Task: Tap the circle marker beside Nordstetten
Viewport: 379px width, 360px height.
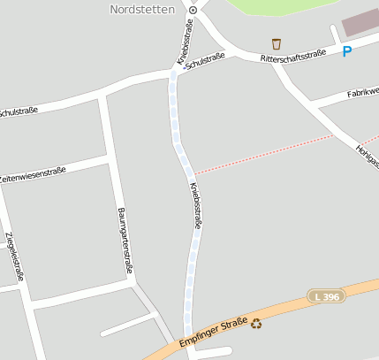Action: pyautogui.click(x=193, y=10)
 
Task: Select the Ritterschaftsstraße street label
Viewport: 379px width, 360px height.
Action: pyautogui.click(x=293, y=56)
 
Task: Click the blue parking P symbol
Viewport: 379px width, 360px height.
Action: pyautogui.click(x=347, y=52)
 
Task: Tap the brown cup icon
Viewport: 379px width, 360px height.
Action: pyautogui.click(x=277, y=43)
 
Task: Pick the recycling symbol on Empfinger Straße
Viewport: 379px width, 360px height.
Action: pyautogui.click(x=257, y=324)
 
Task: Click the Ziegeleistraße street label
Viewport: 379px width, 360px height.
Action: pyautogui.click(x=14, y=256)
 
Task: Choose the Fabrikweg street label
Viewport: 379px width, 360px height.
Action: pyautogui.click(x=362, y=90)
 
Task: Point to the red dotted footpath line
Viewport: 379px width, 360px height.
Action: pyautogui.click(x=265, y=156)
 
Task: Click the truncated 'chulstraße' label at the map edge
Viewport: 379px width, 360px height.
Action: pyautogui.click(x=19, y=111)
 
